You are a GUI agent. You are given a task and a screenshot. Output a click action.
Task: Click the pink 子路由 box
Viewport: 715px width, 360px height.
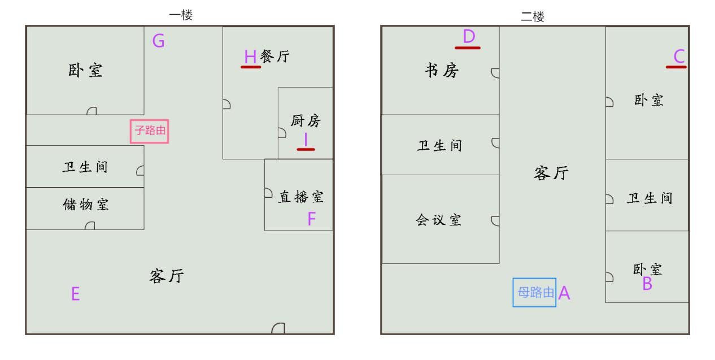click(x=150, y=131)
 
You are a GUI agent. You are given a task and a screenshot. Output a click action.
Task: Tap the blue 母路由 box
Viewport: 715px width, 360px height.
click(x=534, y=293)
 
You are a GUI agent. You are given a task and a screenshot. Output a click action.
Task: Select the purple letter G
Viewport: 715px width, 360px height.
click(x=159, y=41)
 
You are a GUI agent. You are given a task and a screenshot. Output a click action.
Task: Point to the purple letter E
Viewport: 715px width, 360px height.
click(x=76, y=293)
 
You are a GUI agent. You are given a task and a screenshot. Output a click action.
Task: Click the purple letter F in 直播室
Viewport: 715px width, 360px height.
click(x=312, y=219)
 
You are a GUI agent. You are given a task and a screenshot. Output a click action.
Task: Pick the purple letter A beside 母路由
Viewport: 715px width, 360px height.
click(x=564, y=293)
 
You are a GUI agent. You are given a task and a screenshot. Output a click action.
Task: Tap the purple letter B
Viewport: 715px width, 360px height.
click(x=647, y=283)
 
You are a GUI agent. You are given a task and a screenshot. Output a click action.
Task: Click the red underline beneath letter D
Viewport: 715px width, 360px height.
click(x=468, y=48)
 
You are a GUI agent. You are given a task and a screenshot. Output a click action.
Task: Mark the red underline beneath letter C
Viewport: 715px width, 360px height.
click(x=676, y=67)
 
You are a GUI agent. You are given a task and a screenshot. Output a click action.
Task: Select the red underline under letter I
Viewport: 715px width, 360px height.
click(x=306, y=149)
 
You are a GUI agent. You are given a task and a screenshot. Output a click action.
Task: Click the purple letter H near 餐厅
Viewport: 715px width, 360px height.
click(x=250, y=57)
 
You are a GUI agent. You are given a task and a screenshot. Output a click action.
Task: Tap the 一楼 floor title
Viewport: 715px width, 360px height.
click(x=181, y=15)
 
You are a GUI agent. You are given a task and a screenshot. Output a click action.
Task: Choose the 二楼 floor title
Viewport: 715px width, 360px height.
click(x=533, y=16)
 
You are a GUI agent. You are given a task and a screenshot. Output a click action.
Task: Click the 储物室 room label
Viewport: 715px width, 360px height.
click(x=86, y=205)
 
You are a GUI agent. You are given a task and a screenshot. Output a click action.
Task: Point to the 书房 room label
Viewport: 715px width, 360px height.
click(x=442, y=70)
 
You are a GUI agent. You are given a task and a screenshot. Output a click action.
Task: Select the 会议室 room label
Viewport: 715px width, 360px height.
click(x=439, y=220)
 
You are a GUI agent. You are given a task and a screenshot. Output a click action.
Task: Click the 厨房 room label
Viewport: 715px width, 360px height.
click(x=306, y=121)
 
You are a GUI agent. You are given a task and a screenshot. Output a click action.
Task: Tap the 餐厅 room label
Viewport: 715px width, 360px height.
click(x=275, y=57)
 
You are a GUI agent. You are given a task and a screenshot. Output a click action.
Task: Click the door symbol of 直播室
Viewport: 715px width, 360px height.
click(x=268, y=193)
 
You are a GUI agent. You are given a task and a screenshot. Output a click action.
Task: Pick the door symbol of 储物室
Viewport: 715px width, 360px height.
click(x=90, y=225)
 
